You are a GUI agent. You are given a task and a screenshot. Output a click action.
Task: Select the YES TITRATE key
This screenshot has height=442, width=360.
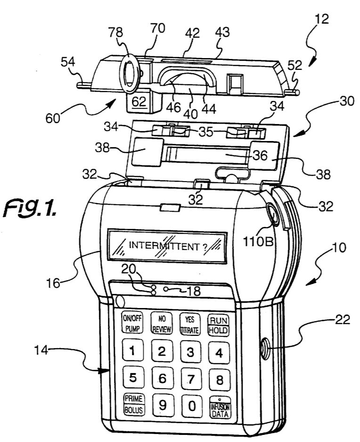point(189,325)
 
